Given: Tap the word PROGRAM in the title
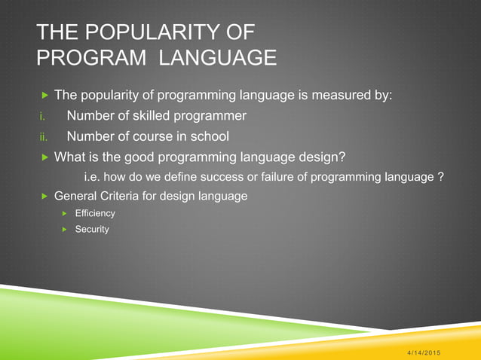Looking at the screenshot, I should pos(83,57).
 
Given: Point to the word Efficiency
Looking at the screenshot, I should pos(95,214).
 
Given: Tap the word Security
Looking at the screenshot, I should pos(92,229).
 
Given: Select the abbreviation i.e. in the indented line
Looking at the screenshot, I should pos(91,177).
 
